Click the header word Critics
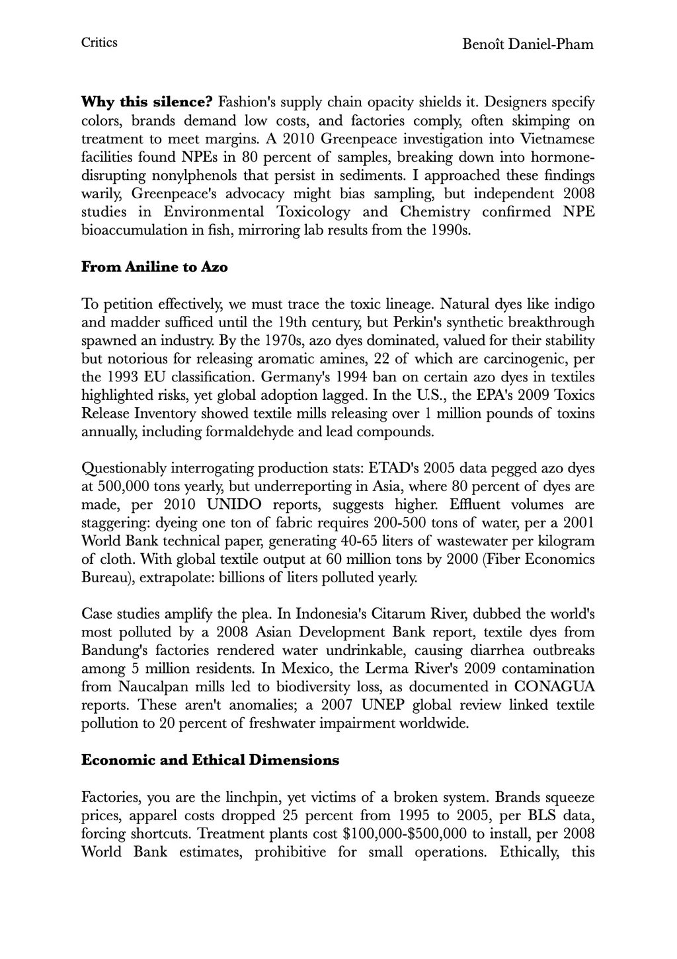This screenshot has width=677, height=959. [x=99, y=43]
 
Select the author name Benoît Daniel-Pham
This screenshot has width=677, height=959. [x=528, y=45]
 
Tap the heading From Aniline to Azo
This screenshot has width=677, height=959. [x=154, y=268]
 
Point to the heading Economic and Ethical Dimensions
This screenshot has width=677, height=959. [x=210, y=760]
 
